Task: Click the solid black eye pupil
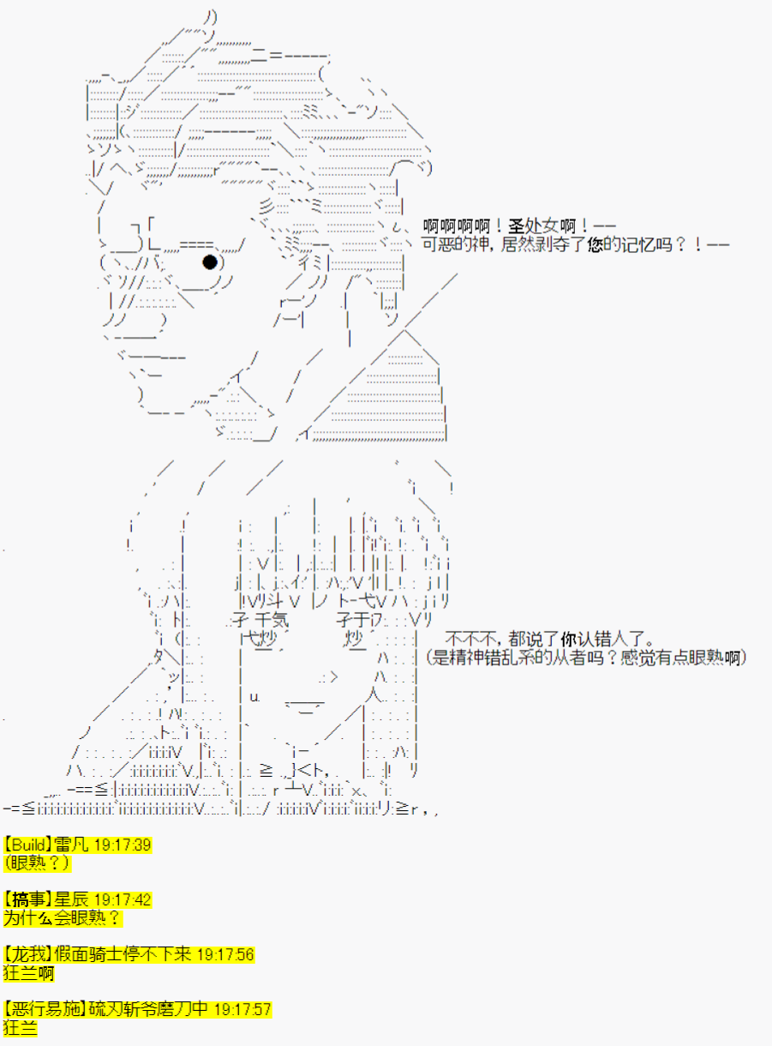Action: point(210,261)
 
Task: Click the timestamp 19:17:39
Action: point(123,845)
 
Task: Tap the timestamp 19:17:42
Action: point(123,899)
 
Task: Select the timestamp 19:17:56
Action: point(225,955)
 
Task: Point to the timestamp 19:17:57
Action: point(242,1009)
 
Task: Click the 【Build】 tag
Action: point(27,845)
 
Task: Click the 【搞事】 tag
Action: point(27,899)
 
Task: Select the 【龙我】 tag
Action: point(27,955)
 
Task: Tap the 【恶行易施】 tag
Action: point(45,1009)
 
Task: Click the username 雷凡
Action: point(71,845)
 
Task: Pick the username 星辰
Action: point(71,899)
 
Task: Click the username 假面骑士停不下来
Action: point(123,955)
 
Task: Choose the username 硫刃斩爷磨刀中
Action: point(148,1009)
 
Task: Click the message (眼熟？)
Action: point(37,863)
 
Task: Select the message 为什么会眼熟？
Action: point(63,918)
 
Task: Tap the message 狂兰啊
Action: point(29,973)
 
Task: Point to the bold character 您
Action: point(595,244)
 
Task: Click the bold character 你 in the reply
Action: point(569,640)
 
